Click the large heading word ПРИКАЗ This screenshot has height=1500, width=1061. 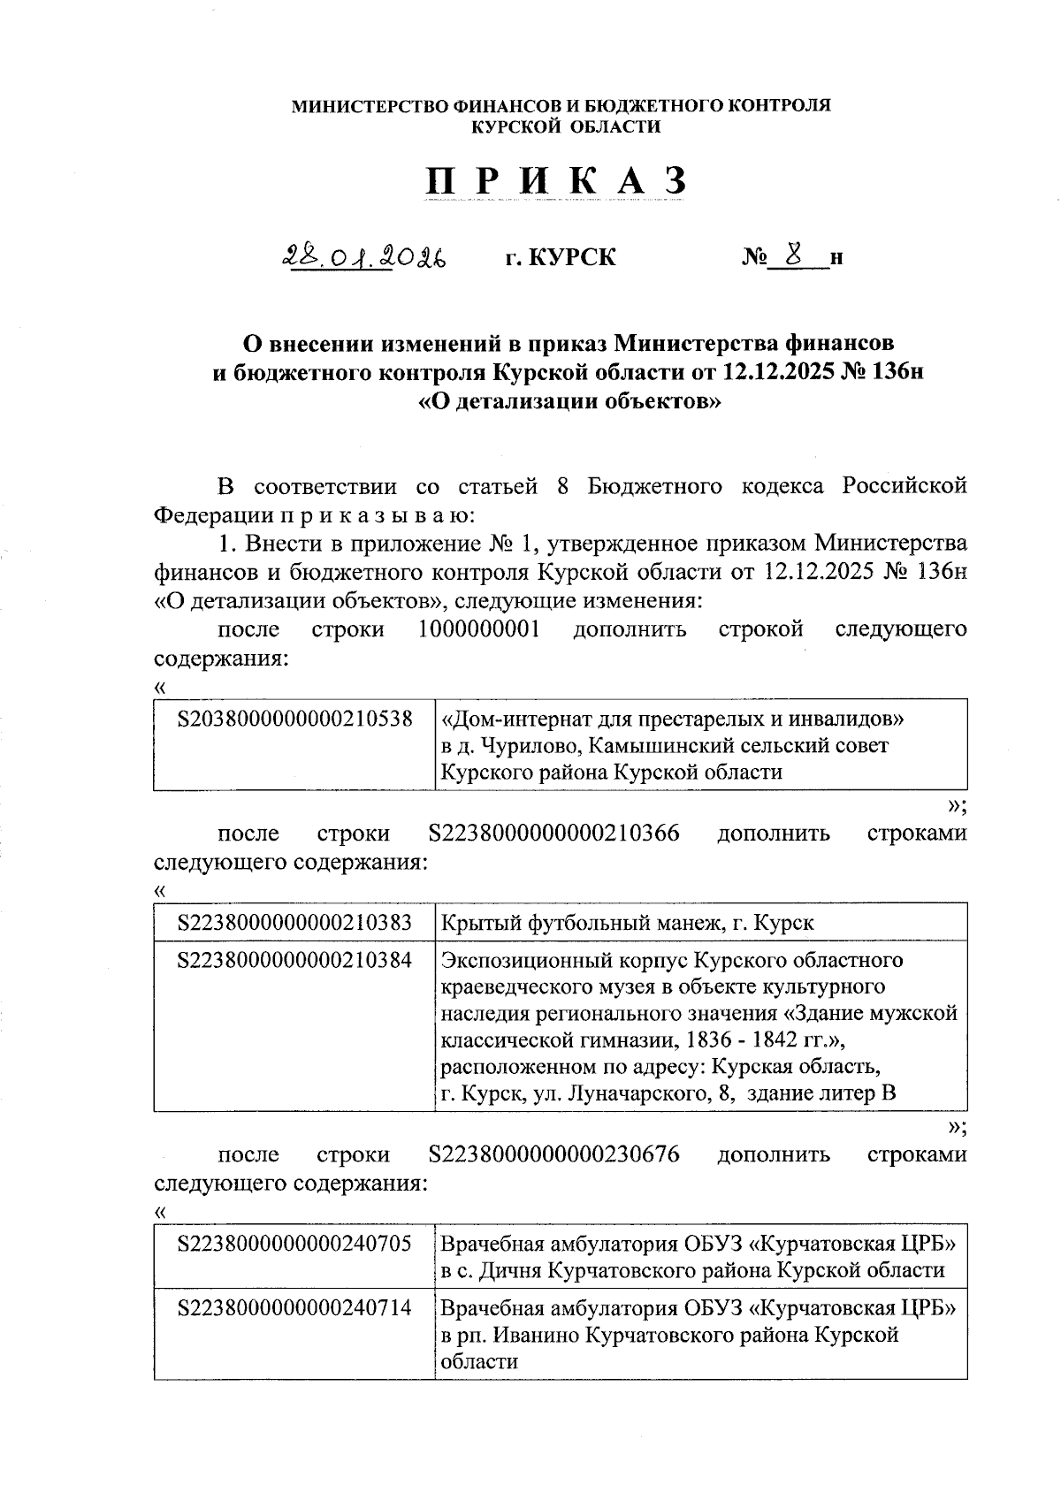556,181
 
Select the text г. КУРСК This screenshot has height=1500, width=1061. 561,257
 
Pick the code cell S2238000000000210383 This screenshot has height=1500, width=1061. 295,923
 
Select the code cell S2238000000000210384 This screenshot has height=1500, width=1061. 295,960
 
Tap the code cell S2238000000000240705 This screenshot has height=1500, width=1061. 295,1244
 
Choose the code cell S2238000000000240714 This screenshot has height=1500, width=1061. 295,1307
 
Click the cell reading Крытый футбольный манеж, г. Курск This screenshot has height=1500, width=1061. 627,923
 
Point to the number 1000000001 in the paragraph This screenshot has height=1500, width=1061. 479,629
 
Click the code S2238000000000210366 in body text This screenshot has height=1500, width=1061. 553,834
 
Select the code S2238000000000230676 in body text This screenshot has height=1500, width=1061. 553,1154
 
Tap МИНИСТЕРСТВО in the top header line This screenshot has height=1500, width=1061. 370,106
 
